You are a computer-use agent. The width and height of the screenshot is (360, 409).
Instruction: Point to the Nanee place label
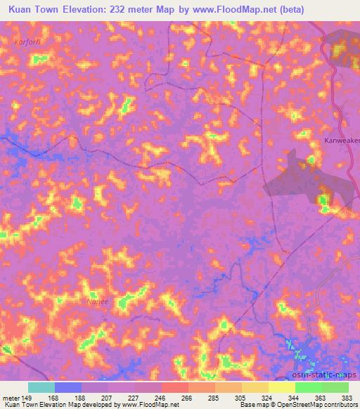click(x=96, y=301)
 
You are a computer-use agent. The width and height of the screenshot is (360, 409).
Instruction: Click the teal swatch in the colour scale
click(x=41, y=387)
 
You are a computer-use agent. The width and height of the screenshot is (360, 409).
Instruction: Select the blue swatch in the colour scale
click(x=68, y=387)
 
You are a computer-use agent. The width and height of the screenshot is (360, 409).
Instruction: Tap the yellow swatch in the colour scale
click(x=281, y=387)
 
